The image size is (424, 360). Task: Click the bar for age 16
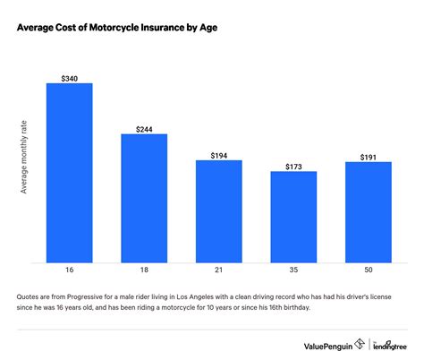pos(69,174)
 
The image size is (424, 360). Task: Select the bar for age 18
pos(143,199)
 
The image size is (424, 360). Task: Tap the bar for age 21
pos(218,212)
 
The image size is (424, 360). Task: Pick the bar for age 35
pos(293,218)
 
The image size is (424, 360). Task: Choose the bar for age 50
pos(368,213)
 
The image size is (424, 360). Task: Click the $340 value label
pos(69,77)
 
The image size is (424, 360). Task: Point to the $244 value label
pos(143,128)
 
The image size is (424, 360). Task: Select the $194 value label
pos(218,154)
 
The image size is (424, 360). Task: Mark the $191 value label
pos(368,156)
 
